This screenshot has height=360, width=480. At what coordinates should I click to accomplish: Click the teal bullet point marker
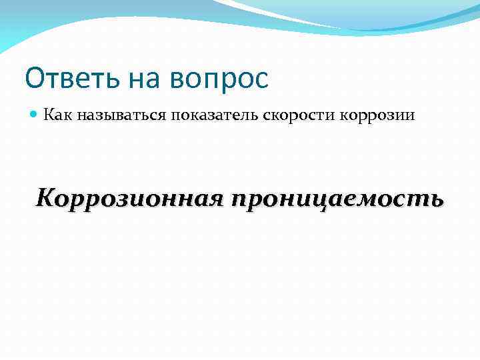point(34,115)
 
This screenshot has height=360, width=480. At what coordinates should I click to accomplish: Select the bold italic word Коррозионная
point(127,198)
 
